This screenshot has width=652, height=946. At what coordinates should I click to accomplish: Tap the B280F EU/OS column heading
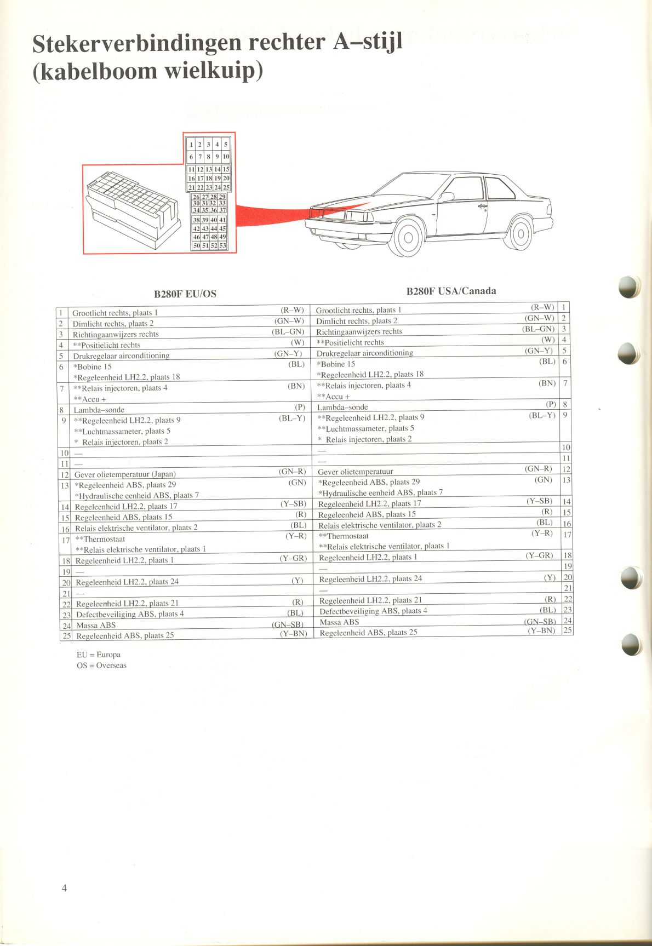point(185,294)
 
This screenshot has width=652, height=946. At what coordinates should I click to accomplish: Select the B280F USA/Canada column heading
point(451,291)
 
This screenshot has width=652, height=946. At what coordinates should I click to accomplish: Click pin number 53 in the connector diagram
point(222,246)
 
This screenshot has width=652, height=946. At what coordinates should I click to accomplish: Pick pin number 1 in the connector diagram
point(191,145)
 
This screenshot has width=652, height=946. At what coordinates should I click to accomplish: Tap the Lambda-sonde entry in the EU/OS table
point(99,410)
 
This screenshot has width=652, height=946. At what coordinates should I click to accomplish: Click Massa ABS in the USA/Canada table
point(339,622)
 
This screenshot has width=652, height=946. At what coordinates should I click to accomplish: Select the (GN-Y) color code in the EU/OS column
point(288,354)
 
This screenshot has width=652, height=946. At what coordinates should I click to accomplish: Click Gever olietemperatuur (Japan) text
point(125,474)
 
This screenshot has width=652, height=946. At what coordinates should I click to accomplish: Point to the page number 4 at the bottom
point(64,888)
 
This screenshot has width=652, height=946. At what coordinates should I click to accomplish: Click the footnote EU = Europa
point(99,655)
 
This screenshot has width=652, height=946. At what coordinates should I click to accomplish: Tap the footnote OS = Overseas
point(101,666)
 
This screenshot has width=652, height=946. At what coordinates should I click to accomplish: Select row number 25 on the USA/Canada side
point(568,630)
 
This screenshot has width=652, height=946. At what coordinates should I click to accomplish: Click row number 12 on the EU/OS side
point(65,475)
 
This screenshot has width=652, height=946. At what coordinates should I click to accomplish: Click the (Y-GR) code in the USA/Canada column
point(539,555)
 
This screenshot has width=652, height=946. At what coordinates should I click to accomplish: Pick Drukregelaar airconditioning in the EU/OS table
point(121,356)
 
